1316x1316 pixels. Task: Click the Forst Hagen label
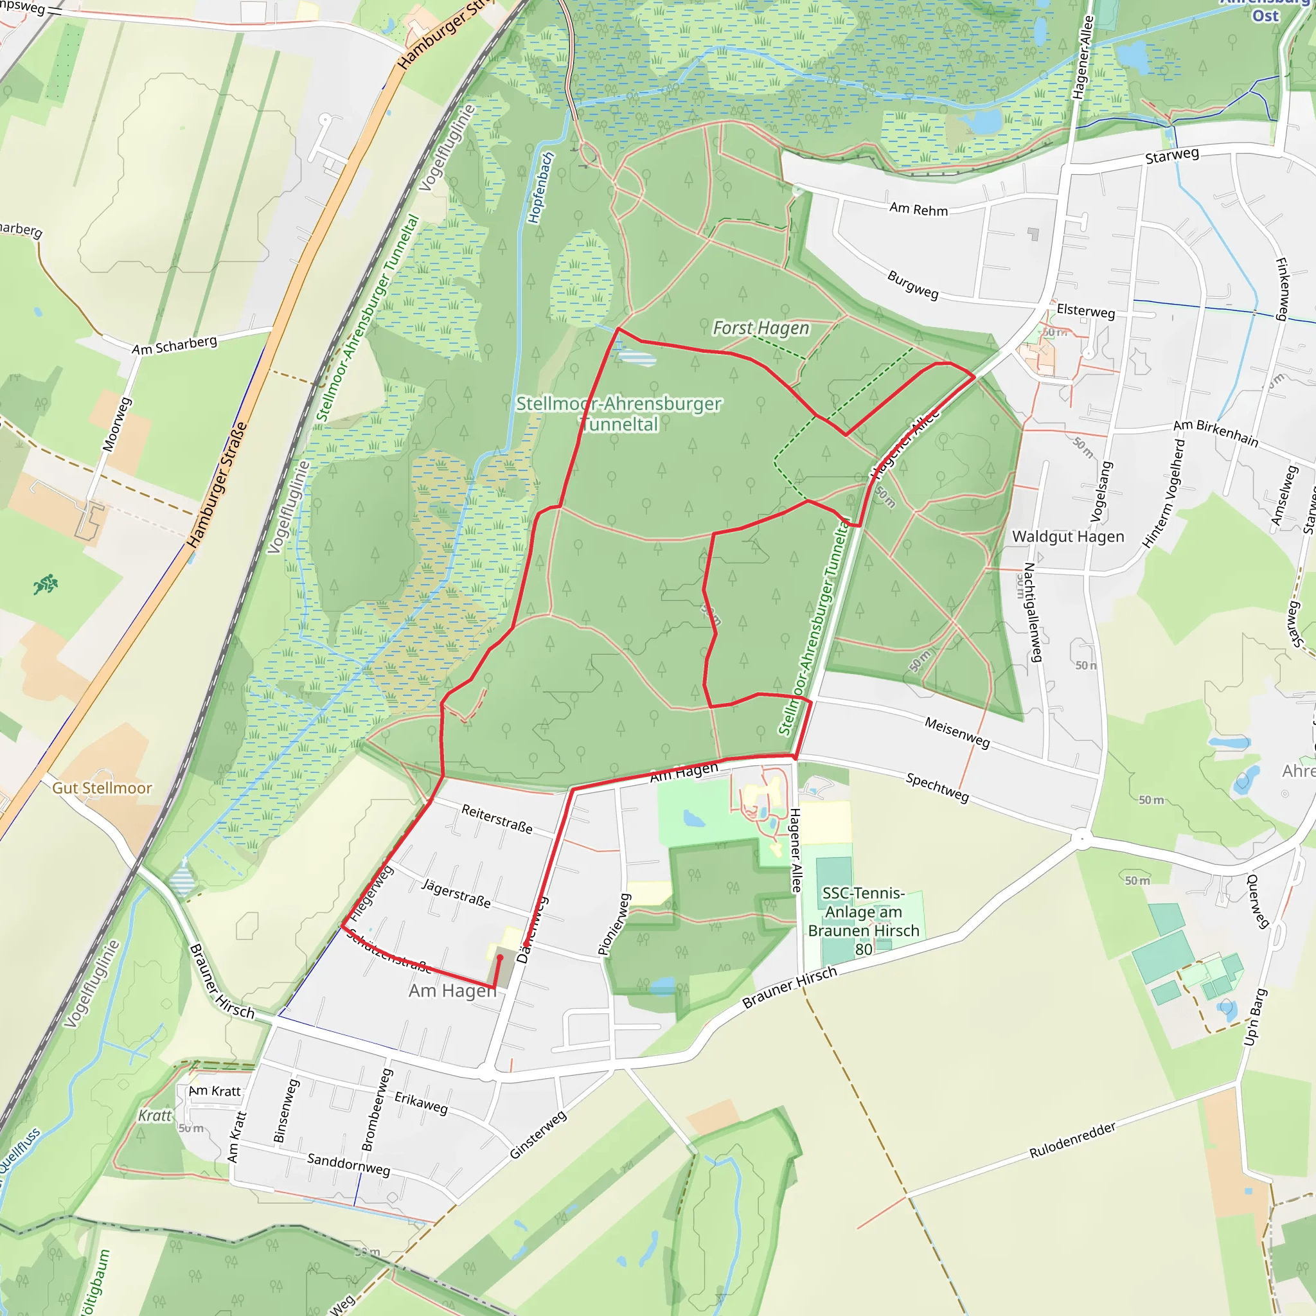pyautogui.click(x=760, y=328)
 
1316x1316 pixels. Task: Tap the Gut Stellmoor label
pyautogui.click(x=102, y=788)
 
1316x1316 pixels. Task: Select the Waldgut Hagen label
pyautogui.click(x=1067, y=537)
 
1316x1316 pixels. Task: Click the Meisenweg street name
pyautogui.click(x=957, y=733)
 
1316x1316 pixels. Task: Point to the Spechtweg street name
pyautogui.click(x=937, y=787)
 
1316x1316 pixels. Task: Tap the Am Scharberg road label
pyautogui.click(x=174, y=345)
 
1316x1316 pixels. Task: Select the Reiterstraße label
pyautogui.click(x=497, y=818)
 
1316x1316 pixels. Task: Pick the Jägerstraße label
pyautogui.click(x=456, y=893)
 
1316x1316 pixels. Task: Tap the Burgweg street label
pyautogui.click(x=912, y=285)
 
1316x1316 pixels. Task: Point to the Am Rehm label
pyautogui.click(x=918, y=209)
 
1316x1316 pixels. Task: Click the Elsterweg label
pyautogui.click(x=1085, y=311)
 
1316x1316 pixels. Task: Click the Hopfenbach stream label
pyautogui.click(x=541, y=188)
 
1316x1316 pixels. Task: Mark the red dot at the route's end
pyautogui.click(x=499, y=957)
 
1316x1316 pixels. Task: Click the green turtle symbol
pyautogui.click(x=46, y=583)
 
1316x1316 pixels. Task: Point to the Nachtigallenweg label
pyautogui.click(x=1033, y=612)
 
